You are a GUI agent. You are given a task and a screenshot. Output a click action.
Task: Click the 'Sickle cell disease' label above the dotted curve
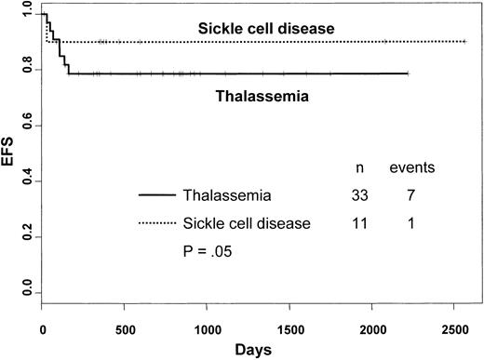pos(265,28)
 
